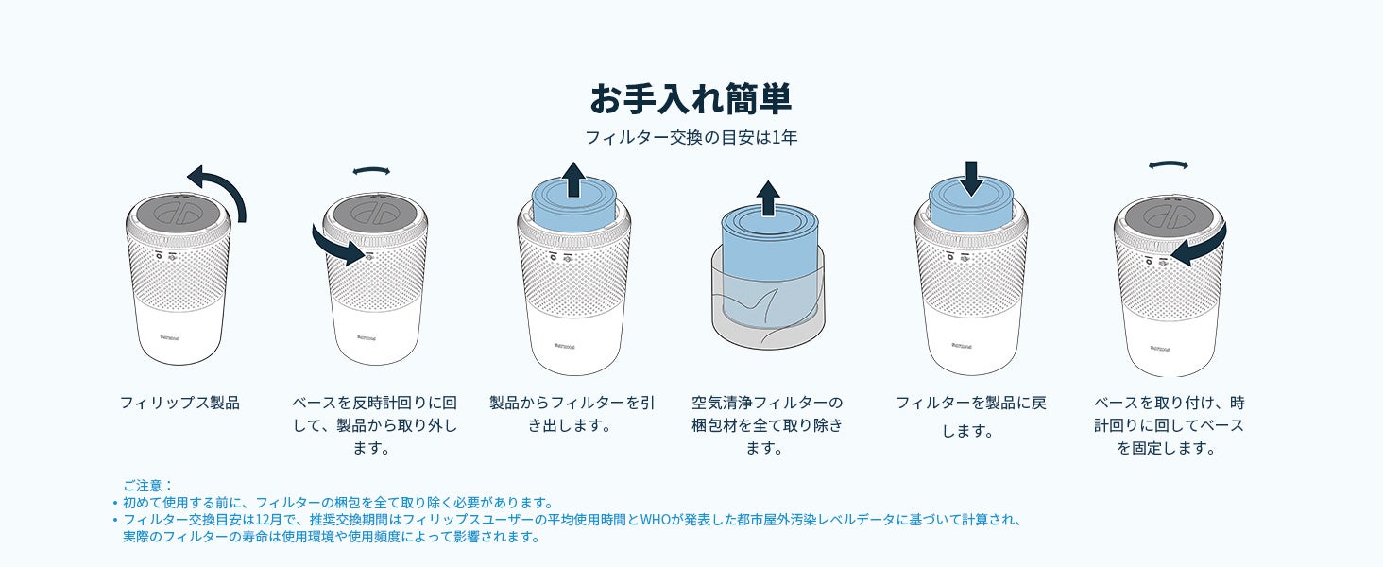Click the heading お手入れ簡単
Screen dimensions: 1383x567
[691, 99]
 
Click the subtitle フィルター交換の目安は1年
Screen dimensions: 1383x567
[691, 137]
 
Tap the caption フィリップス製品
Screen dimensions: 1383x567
[179, 403]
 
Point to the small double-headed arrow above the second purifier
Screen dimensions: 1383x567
[371, 170]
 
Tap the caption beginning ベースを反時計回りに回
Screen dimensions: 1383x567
[374, 425]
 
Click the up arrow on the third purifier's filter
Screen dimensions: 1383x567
[574, 180]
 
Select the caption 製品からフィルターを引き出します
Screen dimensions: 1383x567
[572, 414]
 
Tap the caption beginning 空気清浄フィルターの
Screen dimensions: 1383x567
[767, 425]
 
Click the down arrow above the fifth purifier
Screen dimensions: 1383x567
[972, 179]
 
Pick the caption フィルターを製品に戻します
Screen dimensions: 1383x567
[970, 417]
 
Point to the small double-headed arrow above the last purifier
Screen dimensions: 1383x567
[1169, 165]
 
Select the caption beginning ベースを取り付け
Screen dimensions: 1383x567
[1169, 425]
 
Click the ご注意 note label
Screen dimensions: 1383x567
[147, 486]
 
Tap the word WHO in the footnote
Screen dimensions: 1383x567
[655, 520]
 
